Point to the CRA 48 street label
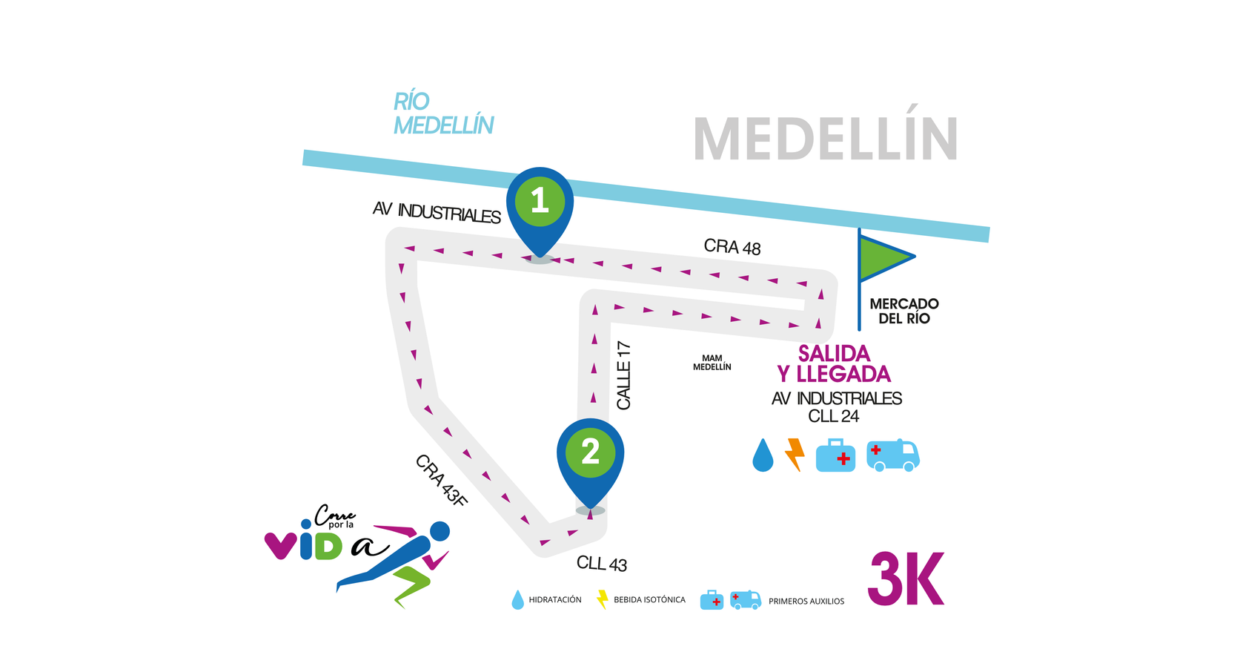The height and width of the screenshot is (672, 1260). tap(732, 246)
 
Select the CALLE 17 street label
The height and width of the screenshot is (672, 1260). tap(624, 375)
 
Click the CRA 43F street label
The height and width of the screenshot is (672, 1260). tap(442, 481)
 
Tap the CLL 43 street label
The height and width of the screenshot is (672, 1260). tap(602, 564)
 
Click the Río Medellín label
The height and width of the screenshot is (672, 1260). tap(442, 113)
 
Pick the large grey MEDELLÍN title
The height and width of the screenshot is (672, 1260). tap(826, 139)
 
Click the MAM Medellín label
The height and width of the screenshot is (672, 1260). tap(712, 363)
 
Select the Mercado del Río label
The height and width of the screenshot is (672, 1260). tap(904, 311)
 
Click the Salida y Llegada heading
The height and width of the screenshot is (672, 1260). tap(834, 363)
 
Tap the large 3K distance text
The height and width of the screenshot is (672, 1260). tap(906, 579)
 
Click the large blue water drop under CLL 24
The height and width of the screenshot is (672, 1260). tap(763, 455)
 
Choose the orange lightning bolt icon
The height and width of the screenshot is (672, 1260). tap(795, 455)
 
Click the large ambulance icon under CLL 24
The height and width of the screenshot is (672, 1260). tap(893, 455)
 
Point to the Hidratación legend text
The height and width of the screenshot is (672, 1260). tap(555, 600)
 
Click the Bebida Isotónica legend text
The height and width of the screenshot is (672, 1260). tap(649, 600)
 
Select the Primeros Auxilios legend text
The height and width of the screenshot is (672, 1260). tap(806, 602)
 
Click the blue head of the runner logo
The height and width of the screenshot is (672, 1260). tap(440, 531)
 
